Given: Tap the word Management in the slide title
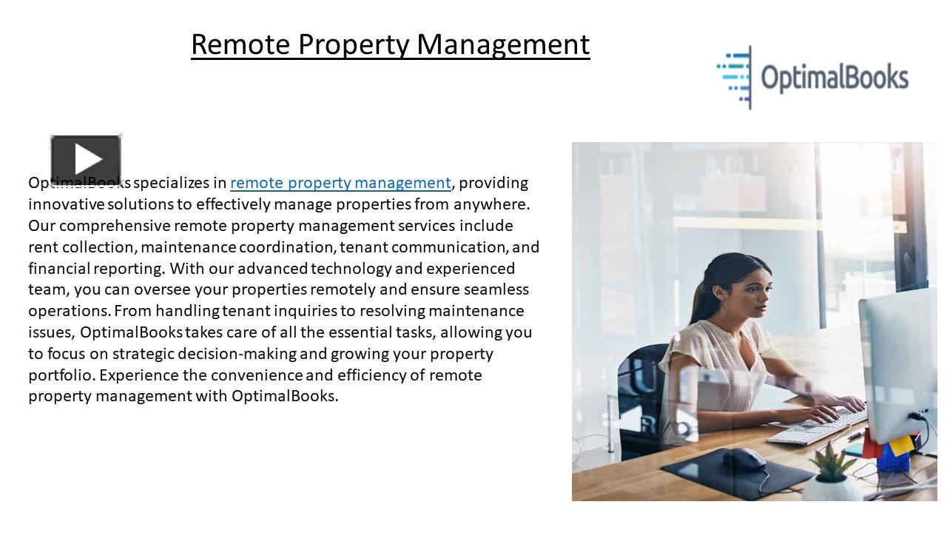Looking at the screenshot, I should (x=503, y=44).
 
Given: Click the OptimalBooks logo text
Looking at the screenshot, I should (x=834, y=78).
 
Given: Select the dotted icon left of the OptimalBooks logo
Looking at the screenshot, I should (x=735, y=76).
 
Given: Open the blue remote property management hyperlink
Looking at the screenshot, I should (x=340, y=183).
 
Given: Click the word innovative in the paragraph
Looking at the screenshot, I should (x=67, y=204).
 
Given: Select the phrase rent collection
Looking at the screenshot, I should (x=81, y=247).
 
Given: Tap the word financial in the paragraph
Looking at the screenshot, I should (x=59, y=269).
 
